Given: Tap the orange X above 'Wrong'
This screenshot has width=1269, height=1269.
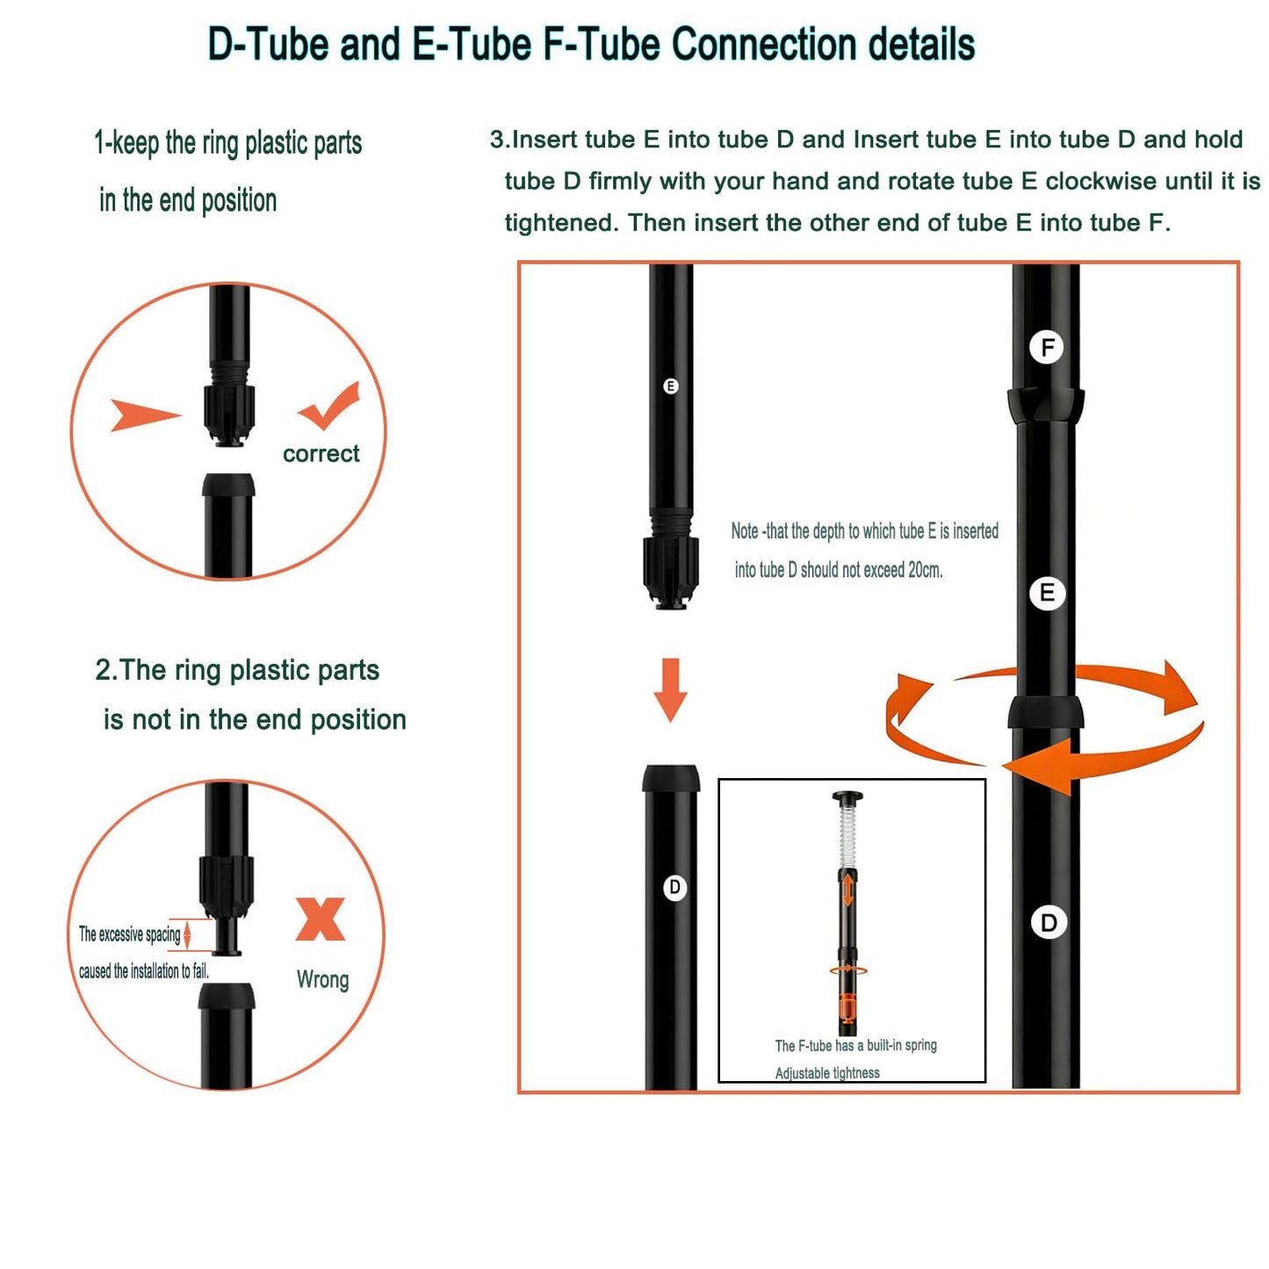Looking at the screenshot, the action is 320,919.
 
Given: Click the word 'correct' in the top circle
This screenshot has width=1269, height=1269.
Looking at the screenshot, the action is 321,454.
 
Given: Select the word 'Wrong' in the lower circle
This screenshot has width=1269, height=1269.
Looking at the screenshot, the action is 322,980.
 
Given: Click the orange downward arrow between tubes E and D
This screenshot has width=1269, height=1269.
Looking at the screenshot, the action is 670,689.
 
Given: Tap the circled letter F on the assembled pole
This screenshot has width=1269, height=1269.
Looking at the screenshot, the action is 1047,347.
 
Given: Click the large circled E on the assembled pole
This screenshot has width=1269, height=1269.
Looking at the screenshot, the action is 1047,593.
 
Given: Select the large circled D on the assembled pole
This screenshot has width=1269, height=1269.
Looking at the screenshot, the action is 1048,923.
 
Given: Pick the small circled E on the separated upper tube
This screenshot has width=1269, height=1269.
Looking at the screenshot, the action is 670,386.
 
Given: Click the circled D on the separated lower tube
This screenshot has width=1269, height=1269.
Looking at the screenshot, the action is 674,887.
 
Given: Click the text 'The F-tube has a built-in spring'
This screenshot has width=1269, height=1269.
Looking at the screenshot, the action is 855,1045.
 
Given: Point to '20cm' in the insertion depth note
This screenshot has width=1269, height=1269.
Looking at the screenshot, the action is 925,570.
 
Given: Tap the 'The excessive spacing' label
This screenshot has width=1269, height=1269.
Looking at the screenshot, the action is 129,934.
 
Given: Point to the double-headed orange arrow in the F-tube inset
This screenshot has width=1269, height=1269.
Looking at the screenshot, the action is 848,889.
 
